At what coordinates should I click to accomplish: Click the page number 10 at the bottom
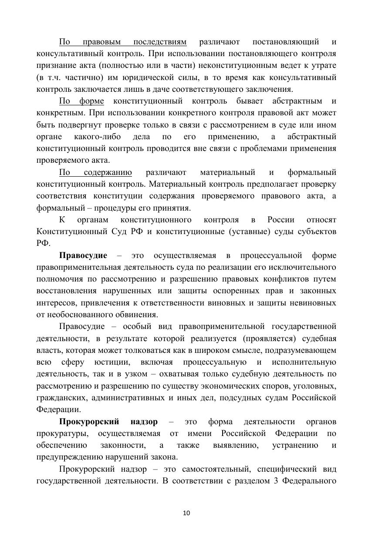(x=186, y=513)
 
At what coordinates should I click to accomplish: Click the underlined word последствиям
(x=160, y=42)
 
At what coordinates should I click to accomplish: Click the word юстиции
(x=111, y=362)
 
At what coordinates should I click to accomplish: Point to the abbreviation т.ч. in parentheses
(x=55, y=77)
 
